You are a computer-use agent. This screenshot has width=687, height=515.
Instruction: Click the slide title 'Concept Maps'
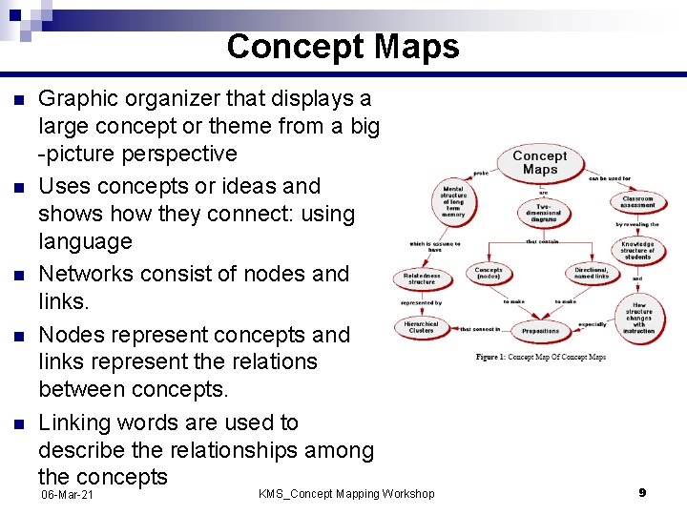(343, 47)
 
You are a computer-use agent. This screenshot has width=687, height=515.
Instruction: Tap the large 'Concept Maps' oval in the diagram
(539, 162)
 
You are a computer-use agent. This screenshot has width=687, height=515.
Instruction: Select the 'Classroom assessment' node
(637, 202)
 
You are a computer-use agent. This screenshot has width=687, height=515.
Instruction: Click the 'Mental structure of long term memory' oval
(453, 201)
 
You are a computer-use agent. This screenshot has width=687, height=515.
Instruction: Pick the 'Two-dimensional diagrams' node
(543, 213)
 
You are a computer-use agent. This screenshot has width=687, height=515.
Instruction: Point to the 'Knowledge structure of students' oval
(637, 251)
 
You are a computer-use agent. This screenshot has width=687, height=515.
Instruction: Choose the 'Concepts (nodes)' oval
(489, 274)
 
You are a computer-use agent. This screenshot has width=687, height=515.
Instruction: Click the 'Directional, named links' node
(592, 274)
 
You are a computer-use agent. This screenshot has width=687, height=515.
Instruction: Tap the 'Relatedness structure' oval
(422, 278)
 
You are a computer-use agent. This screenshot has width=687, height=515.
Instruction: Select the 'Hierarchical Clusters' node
(421, 327)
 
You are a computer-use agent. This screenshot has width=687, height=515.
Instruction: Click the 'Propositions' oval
(540, 330)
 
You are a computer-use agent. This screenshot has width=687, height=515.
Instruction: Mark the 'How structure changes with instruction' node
(638, 318)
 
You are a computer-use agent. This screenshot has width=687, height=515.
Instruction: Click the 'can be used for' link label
(609, 177)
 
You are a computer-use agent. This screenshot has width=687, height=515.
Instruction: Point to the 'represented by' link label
(421, 302)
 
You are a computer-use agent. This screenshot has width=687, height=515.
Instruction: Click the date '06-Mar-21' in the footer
(67, 497)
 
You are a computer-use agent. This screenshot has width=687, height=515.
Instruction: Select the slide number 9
(642, 492)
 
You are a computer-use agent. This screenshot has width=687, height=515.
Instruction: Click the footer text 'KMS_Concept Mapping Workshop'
(346, 493)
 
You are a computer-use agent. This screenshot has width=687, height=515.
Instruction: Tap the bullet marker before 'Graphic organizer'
(15, 99)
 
